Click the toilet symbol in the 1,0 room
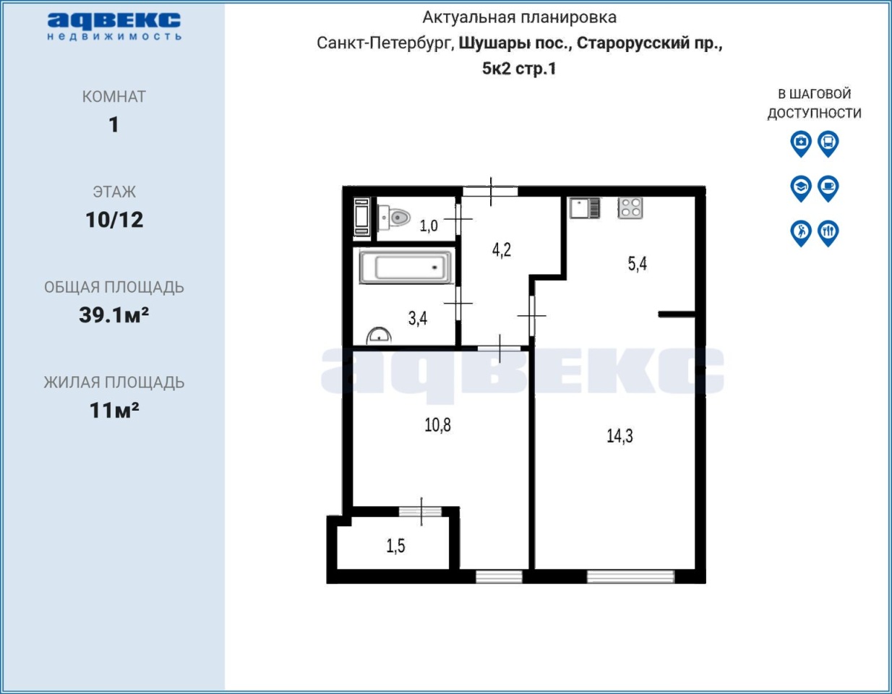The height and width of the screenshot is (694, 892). [x=395, y=218]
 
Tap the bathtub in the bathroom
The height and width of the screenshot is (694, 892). [x=406, y=267]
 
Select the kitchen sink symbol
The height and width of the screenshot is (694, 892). [x=585, y=207]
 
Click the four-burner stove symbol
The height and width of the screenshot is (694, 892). [x=630, y=207]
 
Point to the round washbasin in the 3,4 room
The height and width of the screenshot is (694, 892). [x=379, y=335]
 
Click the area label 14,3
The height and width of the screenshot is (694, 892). [x=619, y=436]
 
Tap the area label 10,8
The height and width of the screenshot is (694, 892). [x=437, y=425]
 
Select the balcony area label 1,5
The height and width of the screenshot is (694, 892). [x=395, y=546]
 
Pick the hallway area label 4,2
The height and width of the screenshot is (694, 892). [x=502, y=249]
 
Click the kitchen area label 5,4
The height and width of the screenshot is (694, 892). [x=637, y=264]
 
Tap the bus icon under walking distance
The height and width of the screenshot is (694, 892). [x=828, y=144]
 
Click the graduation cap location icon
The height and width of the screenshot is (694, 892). [x=801, y=189]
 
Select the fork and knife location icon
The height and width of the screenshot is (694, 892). [x=828, y=234]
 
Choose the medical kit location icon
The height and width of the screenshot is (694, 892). [x=801, y=144]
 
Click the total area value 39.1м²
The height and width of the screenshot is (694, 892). [x=114, y=314]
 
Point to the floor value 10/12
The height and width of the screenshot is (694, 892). [x=114, y=220]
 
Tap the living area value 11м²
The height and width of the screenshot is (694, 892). [x=114, y=410]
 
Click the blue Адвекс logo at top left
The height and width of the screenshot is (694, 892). [x=114, y=26]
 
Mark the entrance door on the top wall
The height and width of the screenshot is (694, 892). [x=491, y=192]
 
